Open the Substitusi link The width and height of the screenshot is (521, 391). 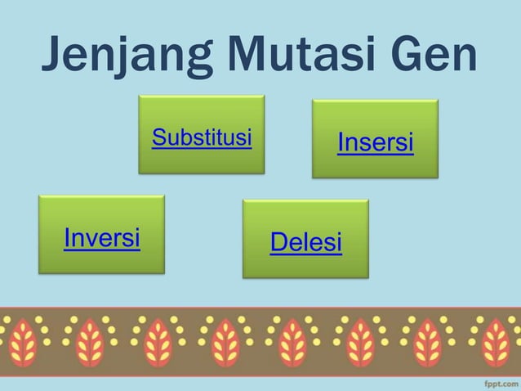tap(202, 137)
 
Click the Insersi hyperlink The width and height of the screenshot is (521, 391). tap(376, 143)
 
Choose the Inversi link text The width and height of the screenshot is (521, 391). tap(102, 237)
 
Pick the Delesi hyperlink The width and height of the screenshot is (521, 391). tap(305, 242)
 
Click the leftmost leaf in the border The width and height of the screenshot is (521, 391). tap(23, 341)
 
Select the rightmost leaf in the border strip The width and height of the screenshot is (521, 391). tap(496, 341)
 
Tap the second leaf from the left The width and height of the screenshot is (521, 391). tap(91, 341)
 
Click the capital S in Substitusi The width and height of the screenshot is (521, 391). tap(159, 137)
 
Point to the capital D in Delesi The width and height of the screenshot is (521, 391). tap(278, 242)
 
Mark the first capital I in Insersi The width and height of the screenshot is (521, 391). tap(341, 143)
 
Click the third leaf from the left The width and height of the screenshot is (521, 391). tap(158, 341)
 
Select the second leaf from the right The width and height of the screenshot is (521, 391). tap(428, 341)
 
